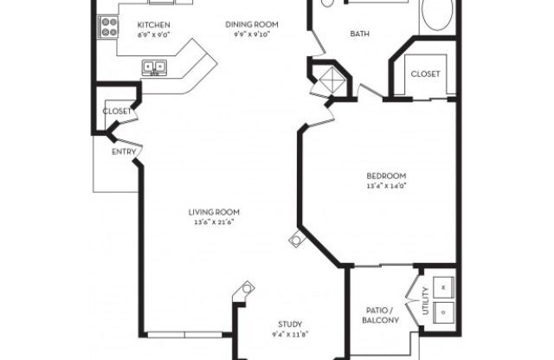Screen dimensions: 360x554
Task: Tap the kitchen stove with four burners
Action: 108,27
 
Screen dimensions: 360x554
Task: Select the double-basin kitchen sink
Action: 155,67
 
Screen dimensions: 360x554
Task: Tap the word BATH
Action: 360,35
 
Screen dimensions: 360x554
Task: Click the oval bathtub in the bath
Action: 438,15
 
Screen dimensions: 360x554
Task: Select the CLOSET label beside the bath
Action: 425,74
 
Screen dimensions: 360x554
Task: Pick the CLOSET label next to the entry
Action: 117,112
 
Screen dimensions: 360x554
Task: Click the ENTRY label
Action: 123,152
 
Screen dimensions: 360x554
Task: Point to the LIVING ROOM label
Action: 215,212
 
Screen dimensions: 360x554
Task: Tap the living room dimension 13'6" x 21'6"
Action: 215,222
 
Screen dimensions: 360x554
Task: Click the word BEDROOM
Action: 387,176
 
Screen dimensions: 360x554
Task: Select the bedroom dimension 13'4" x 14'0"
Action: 387,186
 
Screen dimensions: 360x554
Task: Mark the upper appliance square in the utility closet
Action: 444,284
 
